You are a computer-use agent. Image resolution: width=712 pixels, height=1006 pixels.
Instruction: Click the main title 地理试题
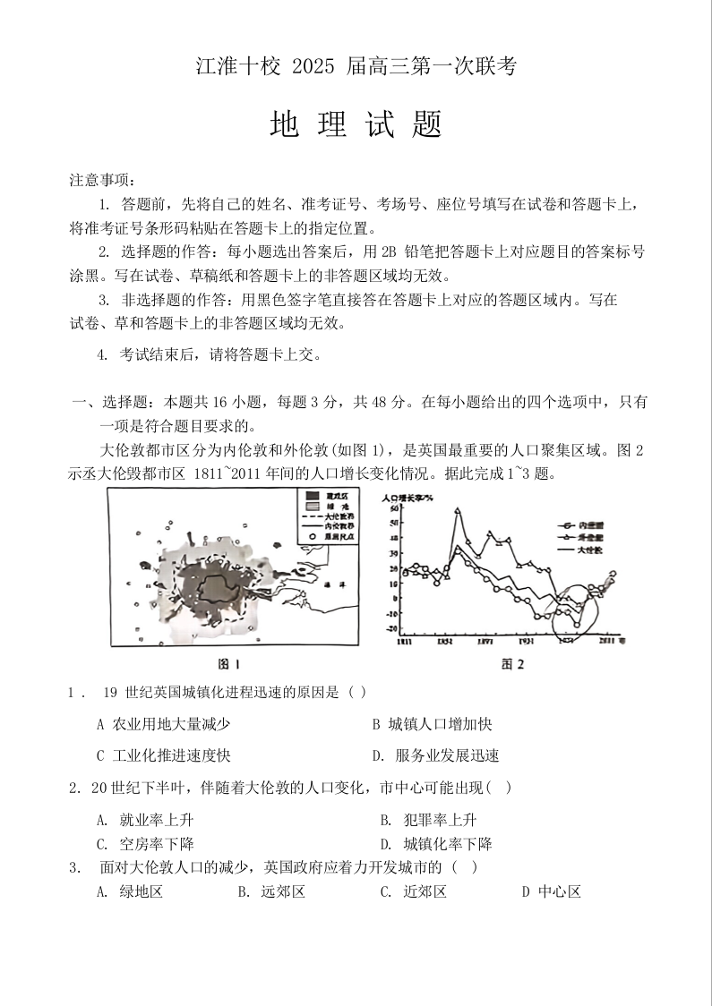coord(356,124)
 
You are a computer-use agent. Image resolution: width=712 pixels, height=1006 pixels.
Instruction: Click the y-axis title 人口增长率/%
coord(407,496)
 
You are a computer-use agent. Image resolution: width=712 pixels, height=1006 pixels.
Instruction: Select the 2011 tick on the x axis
coord(610,641)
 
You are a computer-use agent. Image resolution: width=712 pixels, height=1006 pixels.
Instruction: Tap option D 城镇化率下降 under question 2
coord(436,843)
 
